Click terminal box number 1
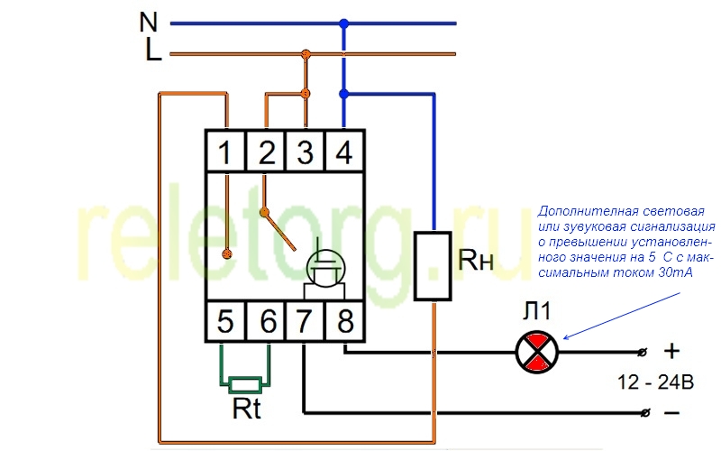pyautogui.click(x=226, y=151)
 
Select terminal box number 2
pyautogui.click(x=266, y=151)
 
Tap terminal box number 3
pyautogui.click(x=305, y=151)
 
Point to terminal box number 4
pyautogui.click(x=344, y=151)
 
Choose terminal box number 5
pyautogui.click(x=226, y=321)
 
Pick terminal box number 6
pyautogui.click(x=266, y=321)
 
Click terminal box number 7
pyautogui.click(x=305, y=321)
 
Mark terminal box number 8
pyautogui.click(x=344, y=321)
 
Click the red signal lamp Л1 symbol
pyautogui.click(x=536, y=352)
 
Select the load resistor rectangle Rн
pyautogui.click(x=433, y=266)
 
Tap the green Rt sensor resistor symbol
pyautogui.click(x=245, y=385)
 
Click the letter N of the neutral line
pyautogui.click(x=149, y=22)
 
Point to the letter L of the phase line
pyautogui.click(x=153, y=51)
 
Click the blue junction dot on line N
pyautogui.click(x=344, y=23)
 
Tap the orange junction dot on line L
pyautogui.click(x=306, y=54)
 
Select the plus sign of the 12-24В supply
pyautogui.click(x=671, y=351)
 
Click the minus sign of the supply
pyautogui.click(x=671, y=412)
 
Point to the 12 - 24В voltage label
pyautogui.click(x=655, y=382)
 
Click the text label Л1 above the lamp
pyautogui.click(x=536, y=311)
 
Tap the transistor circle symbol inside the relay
pyautogui.click(x=326, y=269)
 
